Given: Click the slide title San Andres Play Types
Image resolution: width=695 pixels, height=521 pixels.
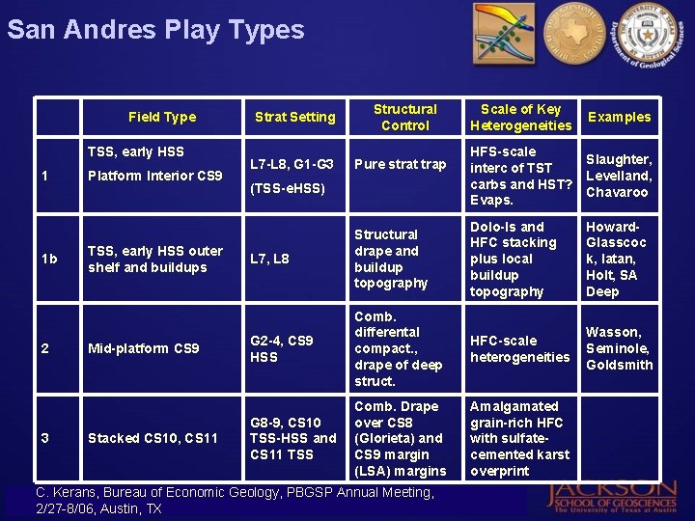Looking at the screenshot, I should click(155, 29).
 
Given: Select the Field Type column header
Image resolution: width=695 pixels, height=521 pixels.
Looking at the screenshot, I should click(162, 117).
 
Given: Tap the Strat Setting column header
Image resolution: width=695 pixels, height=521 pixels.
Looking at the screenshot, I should click(294, 117).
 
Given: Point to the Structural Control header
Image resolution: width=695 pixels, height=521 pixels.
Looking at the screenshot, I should click(404, 117).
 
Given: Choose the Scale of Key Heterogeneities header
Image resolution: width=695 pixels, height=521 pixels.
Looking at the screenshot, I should click(520, 117).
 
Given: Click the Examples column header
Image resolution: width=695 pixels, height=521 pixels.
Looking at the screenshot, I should click(620, 117).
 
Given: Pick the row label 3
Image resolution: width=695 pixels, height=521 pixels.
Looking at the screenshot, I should click(45, 438).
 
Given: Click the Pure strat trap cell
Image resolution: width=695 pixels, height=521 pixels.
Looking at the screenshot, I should click(400, 164).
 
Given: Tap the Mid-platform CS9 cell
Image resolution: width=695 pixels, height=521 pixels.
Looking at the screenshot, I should click(143, 348).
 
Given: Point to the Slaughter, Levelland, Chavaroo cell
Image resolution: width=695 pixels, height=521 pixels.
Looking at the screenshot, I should click(619, 176).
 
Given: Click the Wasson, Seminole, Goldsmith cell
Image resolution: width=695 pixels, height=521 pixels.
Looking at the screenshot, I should click(619, 348).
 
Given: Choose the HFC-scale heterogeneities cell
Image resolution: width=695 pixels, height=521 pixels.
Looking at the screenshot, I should click(519, 348).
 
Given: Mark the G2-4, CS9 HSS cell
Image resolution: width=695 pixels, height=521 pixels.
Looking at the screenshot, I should click(281, 348).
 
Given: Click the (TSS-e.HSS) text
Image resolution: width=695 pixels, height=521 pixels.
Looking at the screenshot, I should click(288, 188).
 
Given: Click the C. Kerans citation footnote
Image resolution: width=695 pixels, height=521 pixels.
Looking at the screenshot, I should click(235, 500).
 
